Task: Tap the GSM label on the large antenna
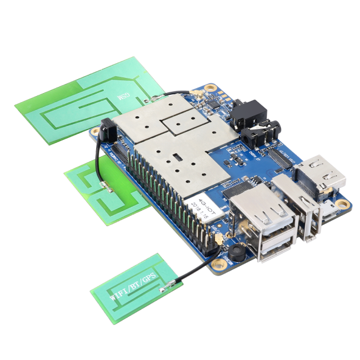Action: pyautogui.click(x=121, y=97)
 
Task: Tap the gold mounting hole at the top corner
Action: pyautogui.click(x=211, y=89)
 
